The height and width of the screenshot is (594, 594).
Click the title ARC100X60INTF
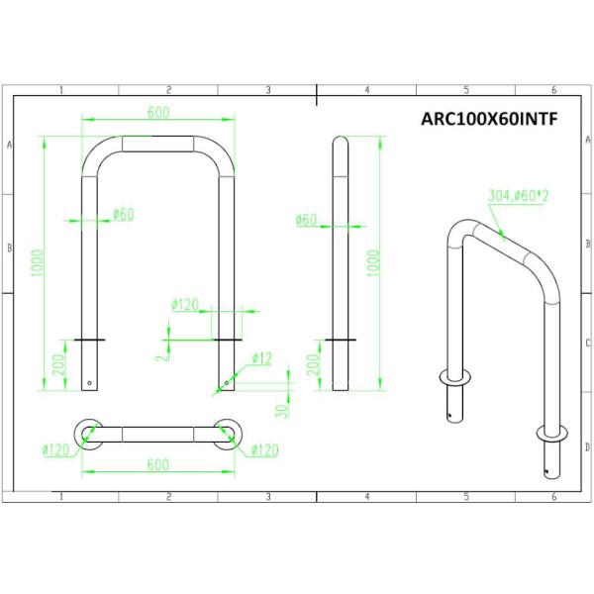coord(489,119)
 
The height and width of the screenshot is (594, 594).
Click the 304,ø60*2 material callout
coord(518,196)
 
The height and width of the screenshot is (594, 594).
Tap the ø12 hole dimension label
coord(262,358)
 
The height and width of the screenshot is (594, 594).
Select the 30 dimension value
coord(281,411)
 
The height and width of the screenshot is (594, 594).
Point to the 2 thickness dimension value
coord(162,356)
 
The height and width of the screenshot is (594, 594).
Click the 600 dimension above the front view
coord(158,112)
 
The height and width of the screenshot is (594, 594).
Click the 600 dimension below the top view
coord(158,464)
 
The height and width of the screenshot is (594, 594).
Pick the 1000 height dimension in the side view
coord(373,263)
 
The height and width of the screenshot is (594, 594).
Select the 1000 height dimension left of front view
coord(38,263)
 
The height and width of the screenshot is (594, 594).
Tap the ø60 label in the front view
coord(124,215)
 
